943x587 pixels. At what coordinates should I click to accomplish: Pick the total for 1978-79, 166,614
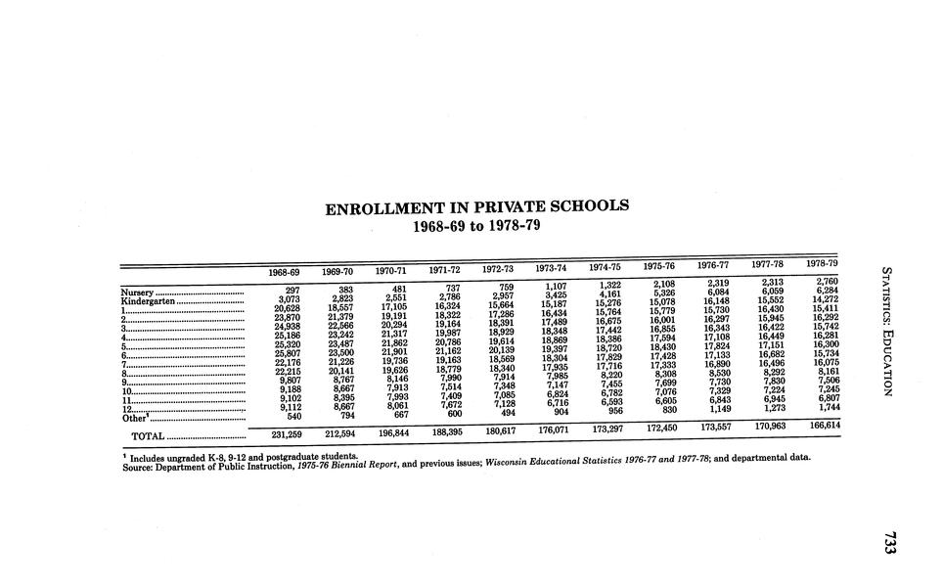(820, 426)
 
